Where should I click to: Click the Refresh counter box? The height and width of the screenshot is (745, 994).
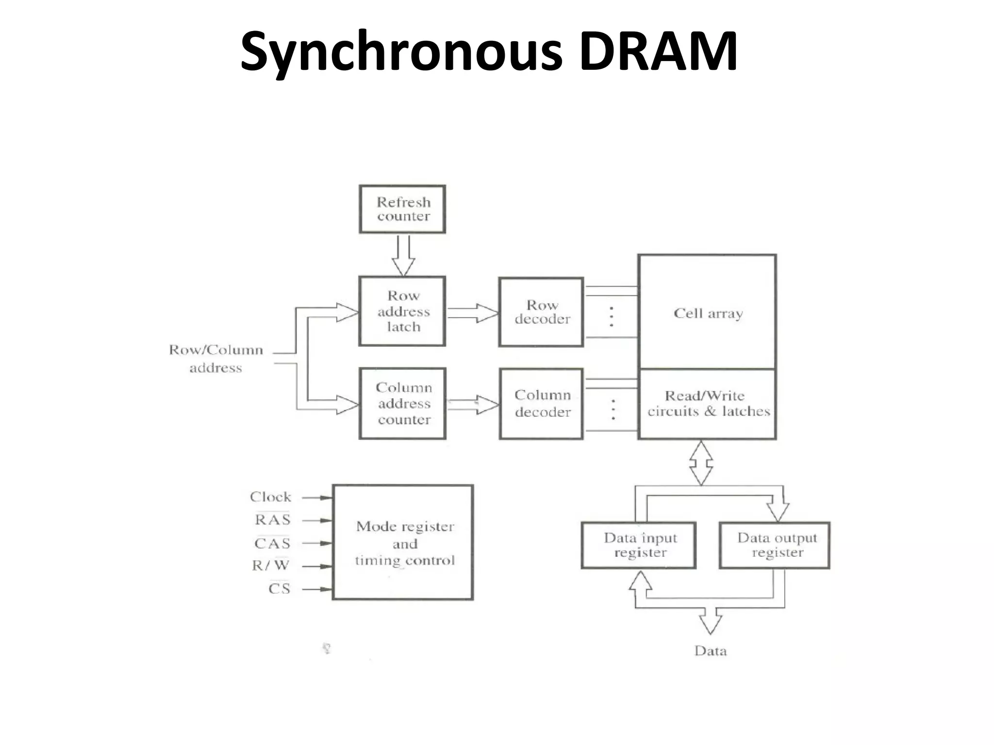click(402, 209)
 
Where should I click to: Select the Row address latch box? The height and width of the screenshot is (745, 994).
click(402, 311)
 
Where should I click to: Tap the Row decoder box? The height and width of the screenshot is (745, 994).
click(541, 312)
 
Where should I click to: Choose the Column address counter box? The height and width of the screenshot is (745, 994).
click(402, 404)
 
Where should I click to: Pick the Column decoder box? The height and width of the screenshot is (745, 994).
click(541, 404)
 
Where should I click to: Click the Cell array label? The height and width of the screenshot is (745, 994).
click(708, 313)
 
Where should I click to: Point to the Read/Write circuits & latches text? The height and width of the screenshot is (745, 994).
click(708, 404)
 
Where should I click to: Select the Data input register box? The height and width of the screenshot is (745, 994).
click(639, 545)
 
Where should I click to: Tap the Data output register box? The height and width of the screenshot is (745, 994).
click(775, 545)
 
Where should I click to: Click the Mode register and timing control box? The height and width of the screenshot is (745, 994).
click(403, 542)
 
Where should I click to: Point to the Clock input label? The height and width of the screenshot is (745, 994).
click(270, 497)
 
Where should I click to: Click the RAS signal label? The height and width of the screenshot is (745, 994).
click(272, 520)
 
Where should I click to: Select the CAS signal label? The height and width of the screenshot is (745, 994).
click(272, 543)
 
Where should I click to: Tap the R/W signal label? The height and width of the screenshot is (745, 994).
click(270, 566)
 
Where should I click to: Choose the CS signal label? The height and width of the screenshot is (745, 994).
click(279, 589)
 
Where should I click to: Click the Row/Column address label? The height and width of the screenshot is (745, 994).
click(216, 358)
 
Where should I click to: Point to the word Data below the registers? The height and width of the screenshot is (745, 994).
click(711, 651)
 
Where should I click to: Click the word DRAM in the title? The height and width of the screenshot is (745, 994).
click(658, 50)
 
